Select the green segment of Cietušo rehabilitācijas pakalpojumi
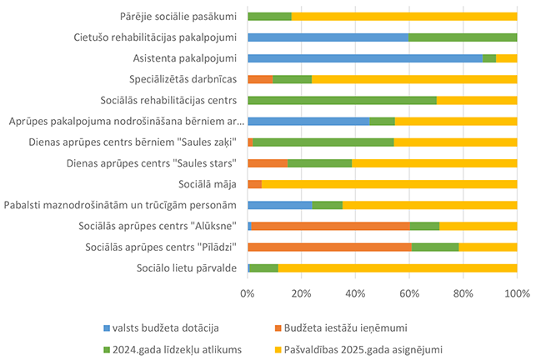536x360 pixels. tap(463, 37)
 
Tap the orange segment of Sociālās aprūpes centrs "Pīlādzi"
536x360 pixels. tap(329, 247)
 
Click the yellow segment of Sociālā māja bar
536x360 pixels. tap(389, 184)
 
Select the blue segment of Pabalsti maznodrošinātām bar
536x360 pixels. tap(280, 205)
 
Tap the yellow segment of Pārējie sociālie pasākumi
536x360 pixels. tap(404, 16)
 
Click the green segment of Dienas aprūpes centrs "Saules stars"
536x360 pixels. tap(320, 162)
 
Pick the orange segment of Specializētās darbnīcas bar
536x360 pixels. tap(260, 79)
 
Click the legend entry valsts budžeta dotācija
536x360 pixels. tap(158, 327)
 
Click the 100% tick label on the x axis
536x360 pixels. tap(517, 293)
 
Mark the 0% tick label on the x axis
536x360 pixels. tap(248, 293)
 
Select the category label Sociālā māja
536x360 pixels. tap(208, 184)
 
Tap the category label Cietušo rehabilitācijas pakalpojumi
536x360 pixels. tap(155, 37)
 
